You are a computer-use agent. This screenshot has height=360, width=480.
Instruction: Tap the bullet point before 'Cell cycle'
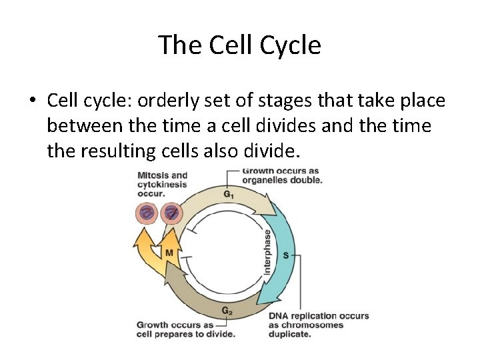31,101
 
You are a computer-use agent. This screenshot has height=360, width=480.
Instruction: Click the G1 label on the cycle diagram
228,194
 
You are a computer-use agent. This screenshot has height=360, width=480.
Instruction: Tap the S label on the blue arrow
285,255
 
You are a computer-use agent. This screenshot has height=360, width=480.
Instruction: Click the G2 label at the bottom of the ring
227,310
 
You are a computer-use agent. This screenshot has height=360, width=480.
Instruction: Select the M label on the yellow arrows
169,253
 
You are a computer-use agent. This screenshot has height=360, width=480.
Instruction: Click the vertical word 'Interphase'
268,251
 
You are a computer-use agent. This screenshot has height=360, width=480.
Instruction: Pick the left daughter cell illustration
147,213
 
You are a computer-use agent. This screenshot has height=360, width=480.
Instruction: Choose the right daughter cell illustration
172,213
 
